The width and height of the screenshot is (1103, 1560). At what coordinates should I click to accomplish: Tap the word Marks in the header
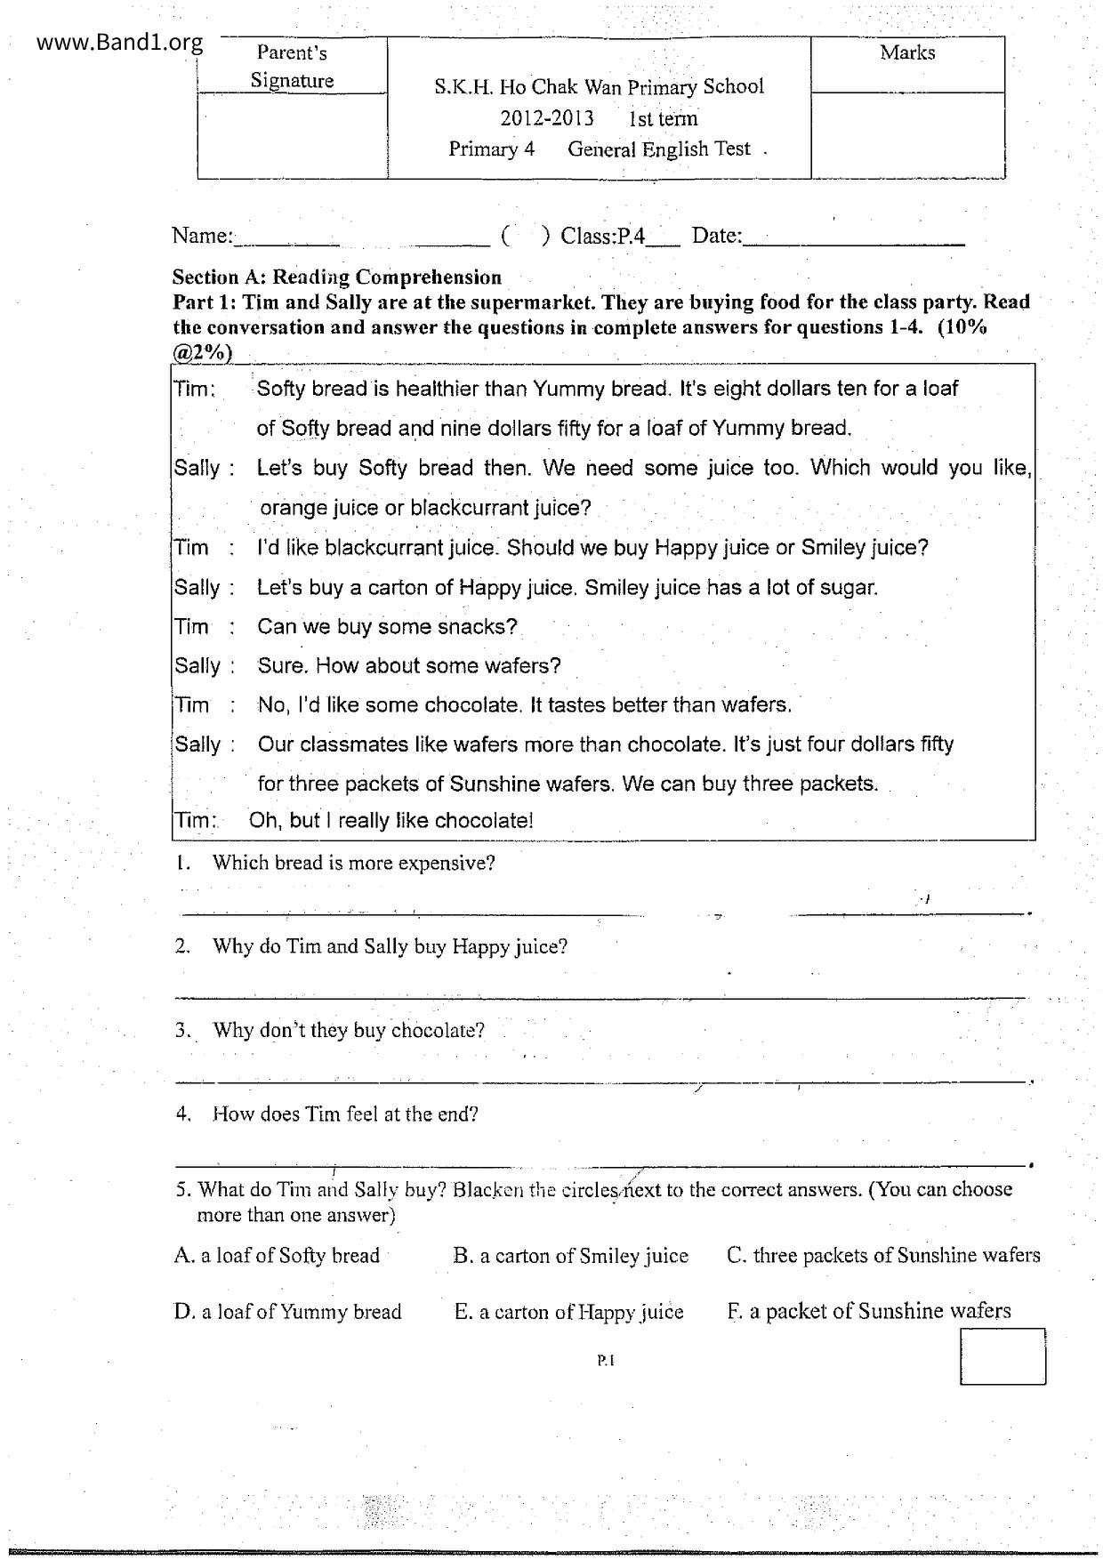coord(907,52)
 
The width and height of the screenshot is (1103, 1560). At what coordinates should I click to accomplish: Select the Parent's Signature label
coord(292,67)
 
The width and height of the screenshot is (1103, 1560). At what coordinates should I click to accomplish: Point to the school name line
coord(599,87)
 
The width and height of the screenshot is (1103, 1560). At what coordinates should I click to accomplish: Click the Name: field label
coord(202,236)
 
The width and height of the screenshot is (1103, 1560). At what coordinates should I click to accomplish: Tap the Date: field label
coord(716,236)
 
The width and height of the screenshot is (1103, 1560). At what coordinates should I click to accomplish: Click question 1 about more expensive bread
coord(352,863)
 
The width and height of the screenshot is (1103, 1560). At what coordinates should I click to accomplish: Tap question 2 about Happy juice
coord(389,946)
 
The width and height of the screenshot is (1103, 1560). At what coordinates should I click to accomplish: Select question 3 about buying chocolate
coord(348,1030)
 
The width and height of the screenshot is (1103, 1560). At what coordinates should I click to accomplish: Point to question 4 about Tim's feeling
coord(344,1114)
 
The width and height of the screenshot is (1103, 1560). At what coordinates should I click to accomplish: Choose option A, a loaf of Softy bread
coord(277,1255)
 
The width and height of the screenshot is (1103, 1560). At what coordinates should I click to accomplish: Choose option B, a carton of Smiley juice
coord(570,1255)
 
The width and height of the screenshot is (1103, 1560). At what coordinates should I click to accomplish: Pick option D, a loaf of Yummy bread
coord(287,1311)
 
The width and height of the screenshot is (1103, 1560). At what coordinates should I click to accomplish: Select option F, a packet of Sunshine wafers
coord(868,1310)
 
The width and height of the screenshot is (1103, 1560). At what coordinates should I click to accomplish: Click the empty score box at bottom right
coord(1002,1356)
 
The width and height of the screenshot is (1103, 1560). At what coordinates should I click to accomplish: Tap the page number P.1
coord(606,1359)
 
